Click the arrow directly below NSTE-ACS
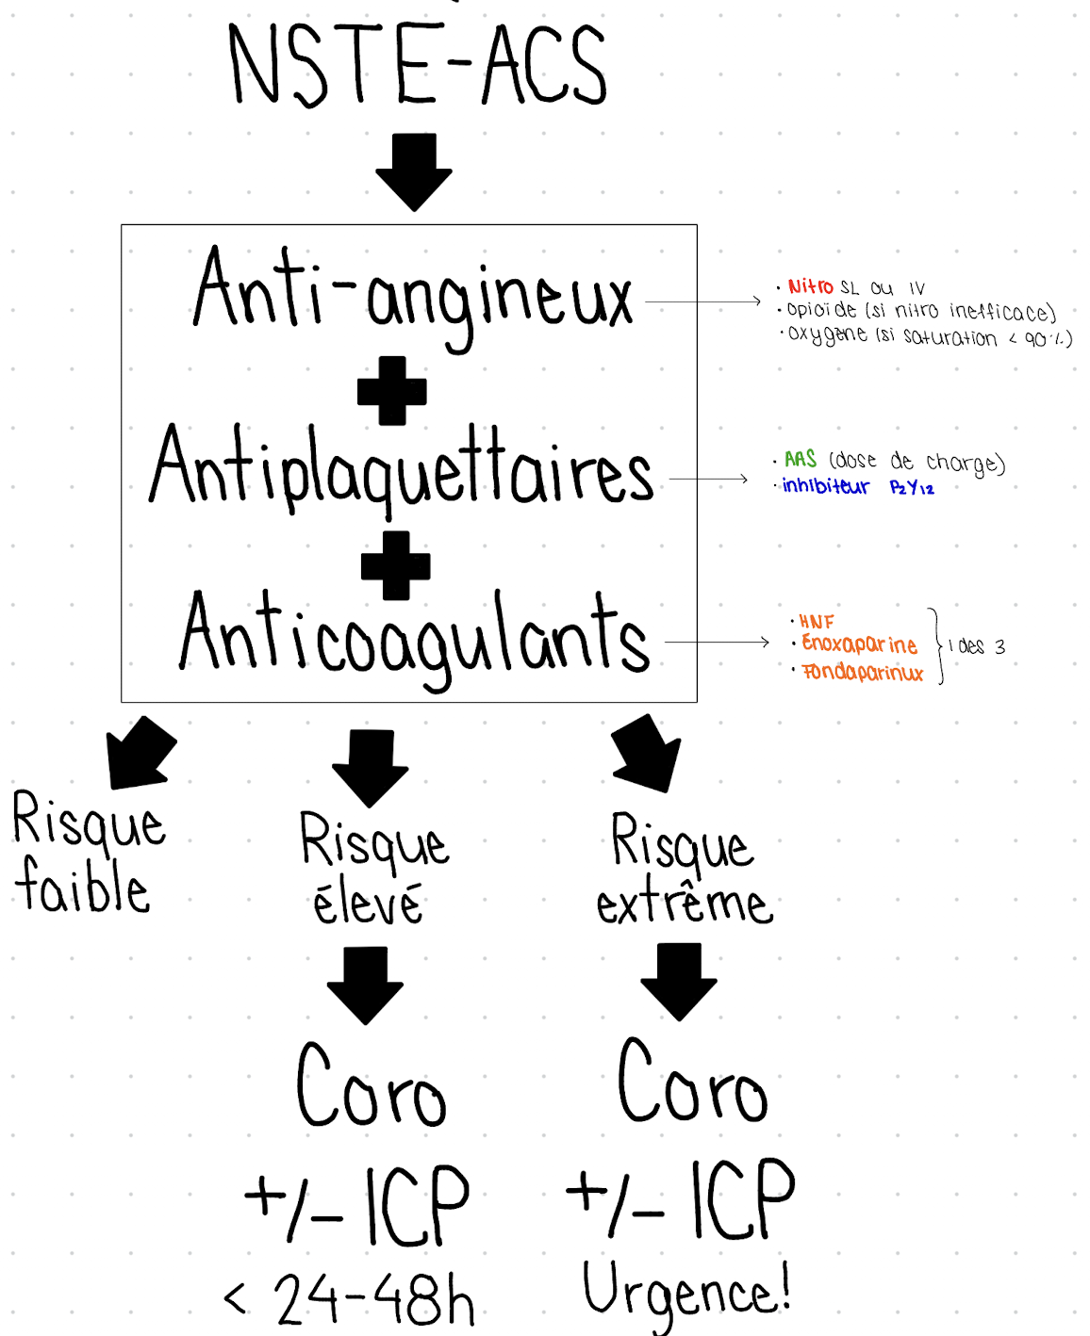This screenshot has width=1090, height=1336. point(413,171)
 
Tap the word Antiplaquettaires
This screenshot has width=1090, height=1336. point(402,468)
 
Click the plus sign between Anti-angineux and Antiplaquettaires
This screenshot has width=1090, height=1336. point(392,390)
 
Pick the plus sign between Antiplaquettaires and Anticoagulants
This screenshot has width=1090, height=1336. point(396,565)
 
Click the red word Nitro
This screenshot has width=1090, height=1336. point(810,286)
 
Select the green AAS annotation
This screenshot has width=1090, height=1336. point(800,459)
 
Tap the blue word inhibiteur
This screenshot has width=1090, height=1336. point(825,486)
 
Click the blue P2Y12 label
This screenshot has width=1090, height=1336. point(912,487)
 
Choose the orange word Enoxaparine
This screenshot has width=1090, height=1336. point(859,644)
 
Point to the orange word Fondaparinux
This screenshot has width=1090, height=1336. point(862,672)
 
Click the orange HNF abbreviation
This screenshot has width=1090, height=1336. point(817,622)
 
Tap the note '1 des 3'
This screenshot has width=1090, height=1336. point(977,646)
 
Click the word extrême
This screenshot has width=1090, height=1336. point(684,904)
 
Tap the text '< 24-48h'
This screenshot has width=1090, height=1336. point(350,1299)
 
